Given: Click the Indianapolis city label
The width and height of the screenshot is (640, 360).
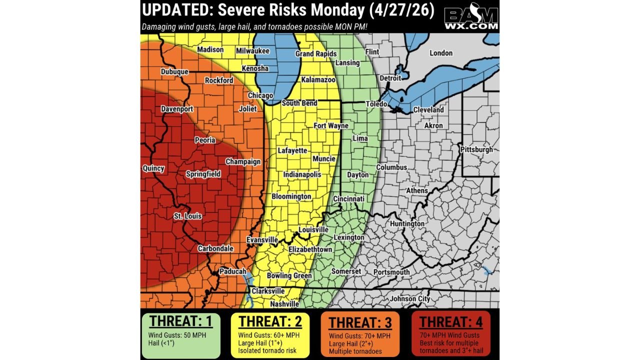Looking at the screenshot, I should (x=302, y=175).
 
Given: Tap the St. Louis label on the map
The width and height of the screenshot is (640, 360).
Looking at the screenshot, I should (x=188, y=216).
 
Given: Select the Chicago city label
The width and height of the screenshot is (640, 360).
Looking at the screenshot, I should (x=260, y=95).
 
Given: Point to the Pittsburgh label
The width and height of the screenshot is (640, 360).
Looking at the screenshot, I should (x=477, y=149).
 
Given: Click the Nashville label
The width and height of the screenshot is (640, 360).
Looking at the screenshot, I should (x=284, y=303).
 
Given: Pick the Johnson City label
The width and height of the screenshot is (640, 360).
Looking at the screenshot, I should (x=410, y=299).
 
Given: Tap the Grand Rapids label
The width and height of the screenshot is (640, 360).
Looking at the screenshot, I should (x=316, y=53).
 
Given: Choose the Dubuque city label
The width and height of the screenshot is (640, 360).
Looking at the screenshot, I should (x=174, y=72).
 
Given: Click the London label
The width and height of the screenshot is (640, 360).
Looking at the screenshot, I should (x=441, y=53).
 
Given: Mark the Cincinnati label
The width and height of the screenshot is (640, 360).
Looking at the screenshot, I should (x=348, y=199).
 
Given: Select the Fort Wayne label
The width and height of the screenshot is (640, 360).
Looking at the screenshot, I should (x=331, y=126).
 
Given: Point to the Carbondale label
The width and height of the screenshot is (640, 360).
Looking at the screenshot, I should (x=215, y=248).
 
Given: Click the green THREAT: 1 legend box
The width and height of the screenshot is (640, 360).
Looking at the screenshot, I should (x=181, y=335).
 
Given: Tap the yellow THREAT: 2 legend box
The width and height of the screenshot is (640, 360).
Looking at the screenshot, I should (x=270, y=335).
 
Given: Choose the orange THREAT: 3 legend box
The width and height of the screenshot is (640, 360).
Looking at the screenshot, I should (x=359, y=335).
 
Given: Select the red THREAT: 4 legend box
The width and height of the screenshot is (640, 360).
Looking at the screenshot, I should (x=450, y=334).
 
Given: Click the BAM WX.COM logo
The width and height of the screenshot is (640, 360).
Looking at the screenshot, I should (x=471, y=18).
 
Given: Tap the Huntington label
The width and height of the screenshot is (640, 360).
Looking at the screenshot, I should (x=407, y=223).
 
